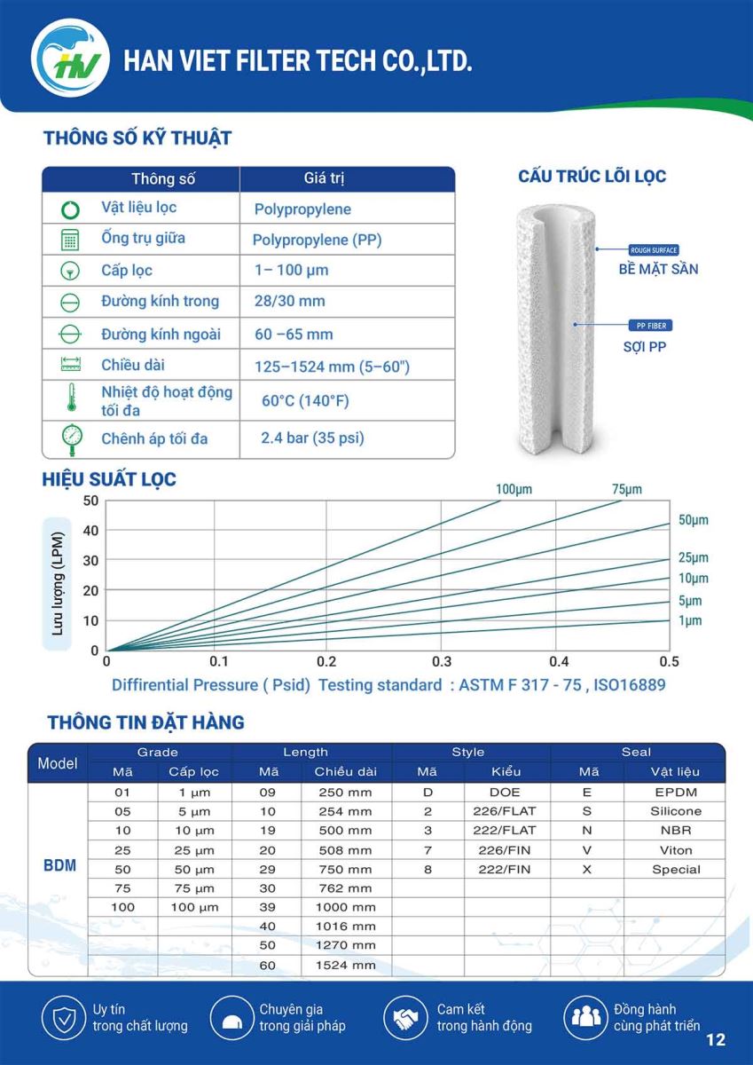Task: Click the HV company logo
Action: coord(70,58)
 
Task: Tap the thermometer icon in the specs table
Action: coord(71,397)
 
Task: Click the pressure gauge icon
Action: coord(72,439)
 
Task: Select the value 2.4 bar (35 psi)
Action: coord(312,438)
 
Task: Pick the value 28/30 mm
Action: coord(290,301)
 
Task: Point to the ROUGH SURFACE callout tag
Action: coord(654,250)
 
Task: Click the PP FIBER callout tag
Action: coord(651,326)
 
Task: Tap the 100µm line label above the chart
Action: coord(514,489)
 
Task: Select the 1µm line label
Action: coord(690,620)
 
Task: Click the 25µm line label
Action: coord(694,557)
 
